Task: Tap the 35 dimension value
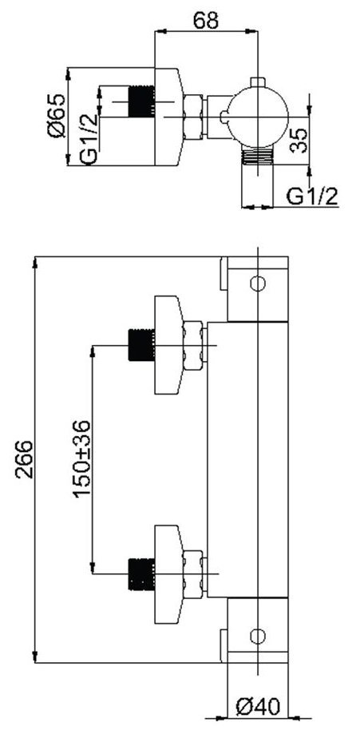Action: [299, 140]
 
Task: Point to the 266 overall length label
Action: [23, 460]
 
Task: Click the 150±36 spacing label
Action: [81, 459]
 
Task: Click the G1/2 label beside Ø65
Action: [89, 139]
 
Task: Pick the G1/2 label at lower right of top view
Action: [312, 196]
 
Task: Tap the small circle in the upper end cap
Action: [258, 284]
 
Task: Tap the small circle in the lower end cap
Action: [258, 637]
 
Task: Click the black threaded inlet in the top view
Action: [141, 101]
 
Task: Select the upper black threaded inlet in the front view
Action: [141, 345]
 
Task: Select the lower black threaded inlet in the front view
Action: [141, 574]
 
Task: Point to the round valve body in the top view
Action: [259, 116]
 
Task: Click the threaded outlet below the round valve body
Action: [258, 154]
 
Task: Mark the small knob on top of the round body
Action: [258, 82]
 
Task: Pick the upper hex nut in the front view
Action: [194, 346]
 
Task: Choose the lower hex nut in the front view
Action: [194, 574]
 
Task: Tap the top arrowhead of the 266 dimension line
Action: [35, 262]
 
